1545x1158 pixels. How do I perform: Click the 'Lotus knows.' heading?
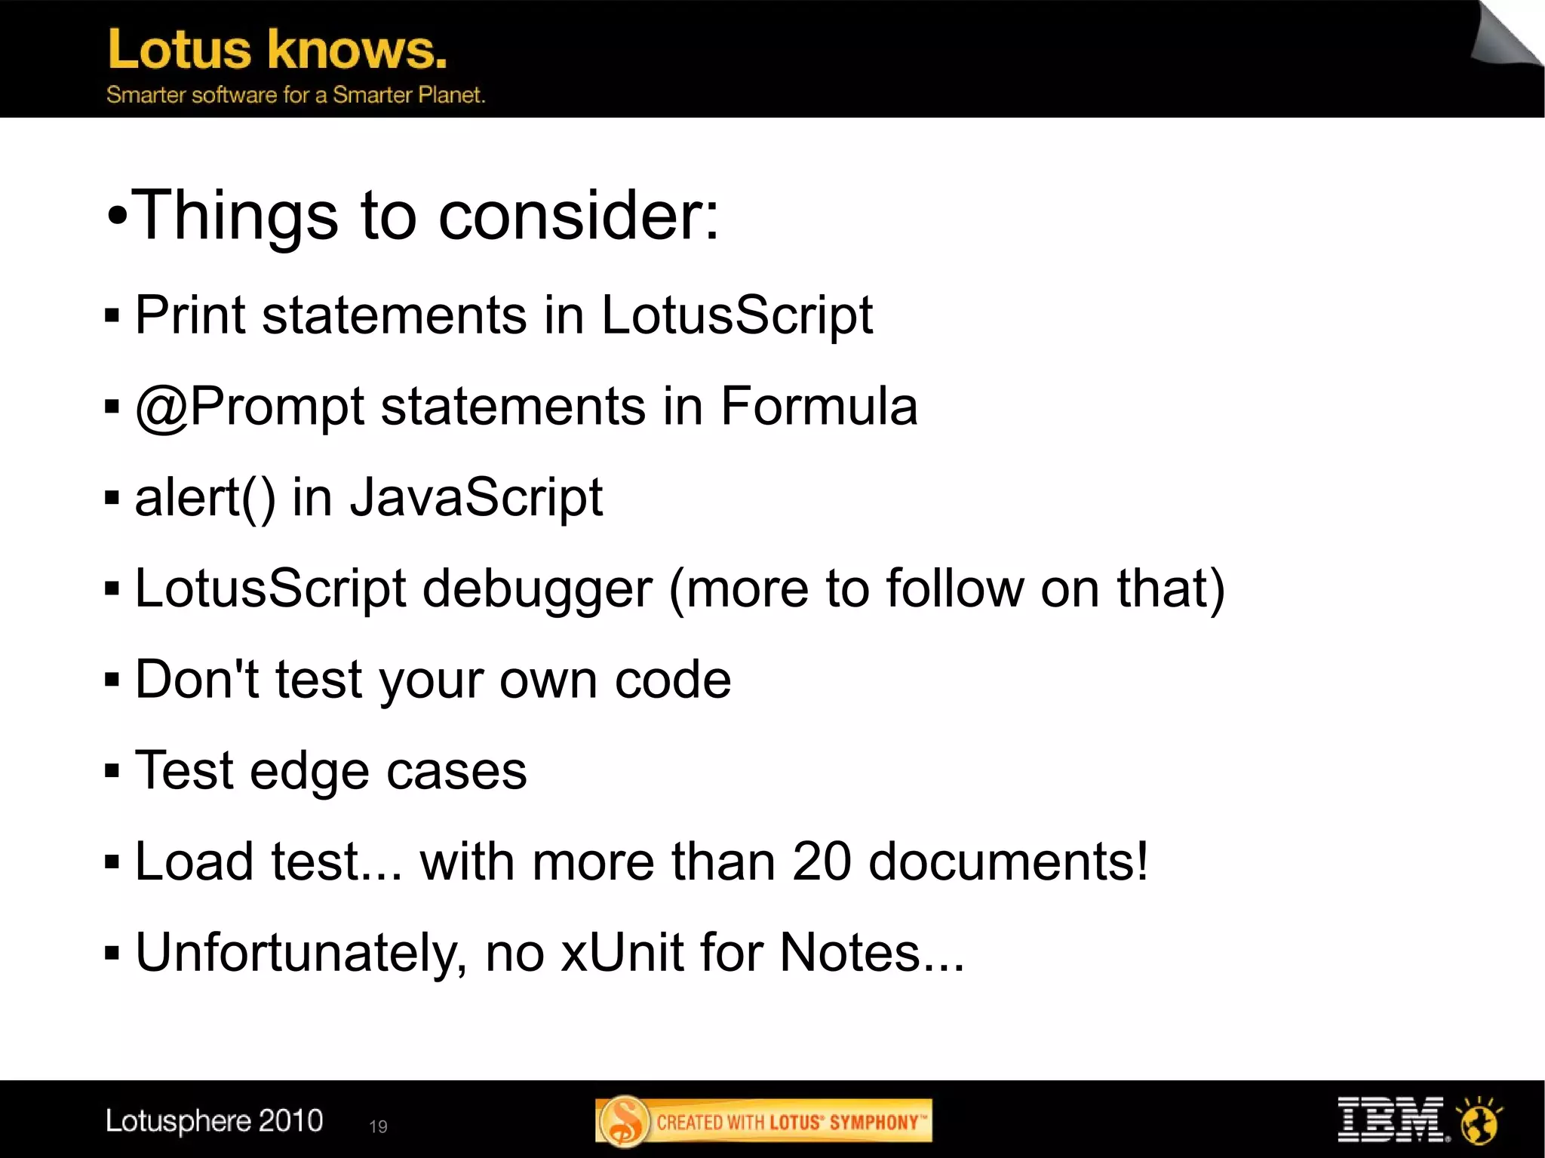point(277,50)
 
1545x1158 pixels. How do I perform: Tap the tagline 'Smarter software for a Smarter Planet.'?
point(295,95)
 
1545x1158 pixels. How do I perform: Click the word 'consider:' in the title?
point(579,216)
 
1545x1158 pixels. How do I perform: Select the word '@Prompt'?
point(250,407)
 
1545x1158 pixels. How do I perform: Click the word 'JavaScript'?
point(476,499)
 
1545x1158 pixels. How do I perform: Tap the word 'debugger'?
point(537,590)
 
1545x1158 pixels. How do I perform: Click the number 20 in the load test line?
point(822,862)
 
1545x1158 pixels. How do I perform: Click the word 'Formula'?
point(819,407)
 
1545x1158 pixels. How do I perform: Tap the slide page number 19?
point(378,1126)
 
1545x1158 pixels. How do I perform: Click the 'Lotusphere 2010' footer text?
point(214,1121)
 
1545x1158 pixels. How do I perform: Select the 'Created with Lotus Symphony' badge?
point(763,1121)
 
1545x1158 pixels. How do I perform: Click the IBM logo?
point(1391,1120)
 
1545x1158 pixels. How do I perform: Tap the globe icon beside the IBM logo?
point(1479,1121)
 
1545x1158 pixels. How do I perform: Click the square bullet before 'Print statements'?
point(112,316)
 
